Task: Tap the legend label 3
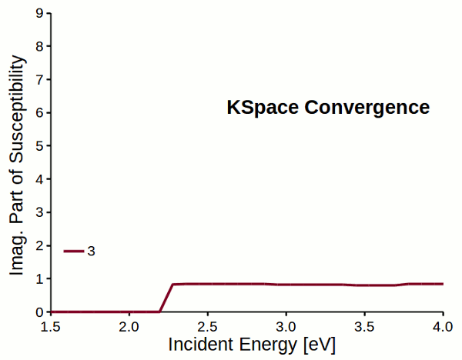coord(91,252)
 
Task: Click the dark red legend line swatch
coord(73,251)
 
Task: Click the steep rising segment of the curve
coord(166,298)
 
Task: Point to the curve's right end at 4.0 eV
coord(443,284)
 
